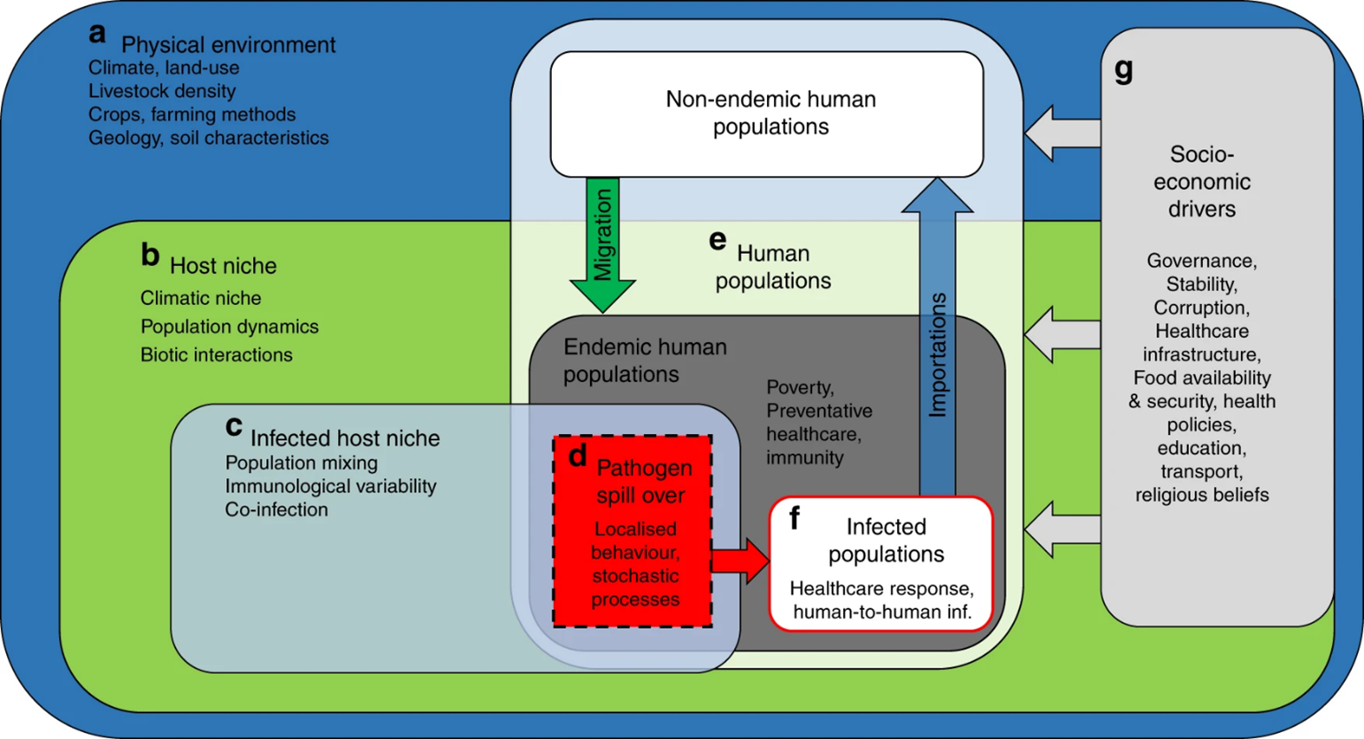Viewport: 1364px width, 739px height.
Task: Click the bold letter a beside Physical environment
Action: click(x=97, y=34)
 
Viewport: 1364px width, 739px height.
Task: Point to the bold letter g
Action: click(x=1123, y=70)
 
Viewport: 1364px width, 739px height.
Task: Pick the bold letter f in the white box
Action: click(x=794, y=519)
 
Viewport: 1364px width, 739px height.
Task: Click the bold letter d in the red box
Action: click(x=578, y=456)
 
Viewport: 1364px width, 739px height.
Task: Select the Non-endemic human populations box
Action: click(x=767, y=113)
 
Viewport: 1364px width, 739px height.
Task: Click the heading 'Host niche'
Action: click(x=223, y=266)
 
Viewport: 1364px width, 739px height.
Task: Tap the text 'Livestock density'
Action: click(x=162, y=91)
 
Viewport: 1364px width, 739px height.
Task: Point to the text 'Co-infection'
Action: click(x=276, y=510)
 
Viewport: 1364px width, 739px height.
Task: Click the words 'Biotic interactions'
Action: click(x=216, y=354)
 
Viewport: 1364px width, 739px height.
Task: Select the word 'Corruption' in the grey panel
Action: click(x=1200, y=308)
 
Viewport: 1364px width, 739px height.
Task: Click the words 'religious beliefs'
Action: click(x=1201, y=495)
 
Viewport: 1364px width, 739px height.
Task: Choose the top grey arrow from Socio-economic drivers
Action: click(x=1061, y=133)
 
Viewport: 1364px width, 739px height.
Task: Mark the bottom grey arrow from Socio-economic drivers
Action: click(x=1061, y=529)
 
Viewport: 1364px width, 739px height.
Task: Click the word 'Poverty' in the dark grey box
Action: click(x=800, y=387)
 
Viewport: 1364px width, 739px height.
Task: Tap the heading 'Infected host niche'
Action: click(x=345, y=438)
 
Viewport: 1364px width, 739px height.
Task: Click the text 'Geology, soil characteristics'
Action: click(x=208, y=138)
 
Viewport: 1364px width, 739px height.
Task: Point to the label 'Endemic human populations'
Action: click(x=645, y=361)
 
